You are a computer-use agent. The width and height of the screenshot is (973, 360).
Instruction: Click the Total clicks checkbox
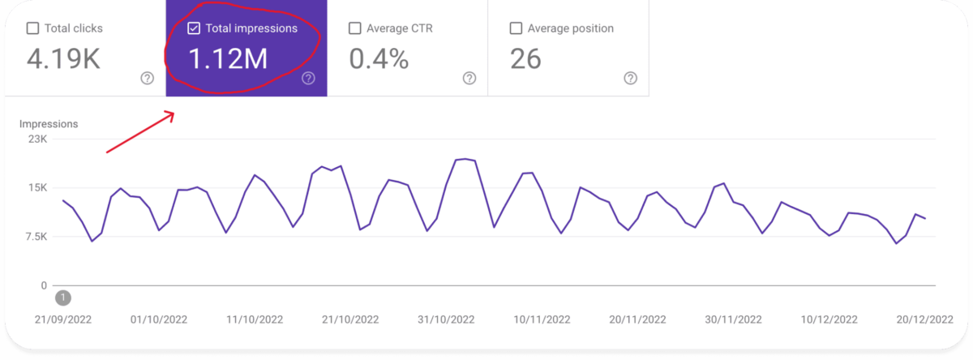tap(32, 28)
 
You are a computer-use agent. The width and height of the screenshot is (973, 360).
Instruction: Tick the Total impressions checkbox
tap(193, 28)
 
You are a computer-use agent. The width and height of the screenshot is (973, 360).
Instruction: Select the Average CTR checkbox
tap(354, 28)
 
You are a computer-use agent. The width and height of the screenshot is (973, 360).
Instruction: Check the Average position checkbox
tap(516, 28)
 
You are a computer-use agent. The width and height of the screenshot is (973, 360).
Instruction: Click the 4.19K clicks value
tap(63, 60)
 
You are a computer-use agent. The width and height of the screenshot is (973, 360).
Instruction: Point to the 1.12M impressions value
tap(228, 60)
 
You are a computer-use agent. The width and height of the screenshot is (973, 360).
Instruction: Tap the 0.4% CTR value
tap(379, 60)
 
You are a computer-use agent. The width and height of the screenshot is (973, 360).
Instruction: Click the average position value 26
tap(526, 60)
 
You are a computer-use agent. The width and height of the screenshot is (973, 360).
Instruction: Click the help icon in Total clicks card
tap(147, 78)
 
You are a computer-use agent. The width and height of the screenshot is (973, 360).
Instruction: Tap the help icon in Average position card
tap(631, 78)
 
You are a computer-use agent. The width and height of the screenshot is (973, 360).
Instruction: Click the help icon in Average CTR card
tap(469, 78)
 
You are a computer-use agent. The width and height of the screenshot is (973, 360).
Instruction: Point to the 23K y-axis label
tap(38, 139)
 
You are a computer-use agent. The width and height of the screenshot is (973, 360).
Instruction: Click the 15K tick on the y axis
tap(38, 188)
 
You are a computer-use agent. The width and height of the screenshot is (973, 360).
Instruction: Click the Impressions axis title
tap(49, 124)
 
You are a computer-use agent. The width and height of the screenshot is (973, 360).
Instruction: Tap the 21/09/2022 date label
tap(64, 319)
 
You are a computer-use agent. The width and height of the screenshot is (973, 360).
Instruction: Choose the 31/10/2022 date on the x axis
tap(446, 319)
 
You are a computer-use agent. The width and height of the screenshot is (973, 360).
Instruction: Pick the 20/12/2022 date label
tap(924, 319)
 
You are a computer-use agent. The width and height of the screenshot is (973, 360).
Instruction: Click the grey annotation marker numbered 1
tap(63, 298)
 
